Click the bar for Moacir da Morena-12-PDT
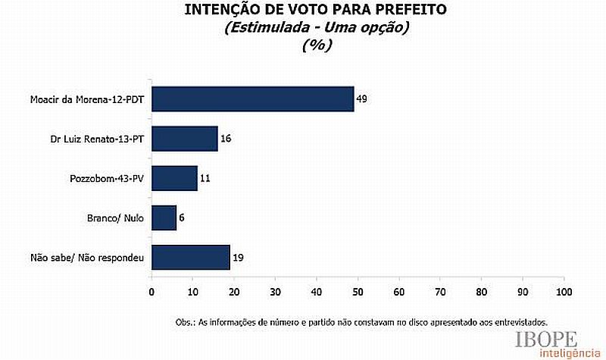coord(253,99)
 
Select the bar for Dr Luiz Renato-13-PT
coord(185,139)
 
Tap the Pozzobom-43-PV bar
coord(174,178)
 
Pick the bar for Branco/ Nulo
coord(164,218)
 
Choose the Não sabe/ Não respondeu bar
coord(190,258)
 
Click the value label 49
coord(361,99)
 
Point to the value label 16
coord(225,139)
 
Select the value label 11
coord(205,179)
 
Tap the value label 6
coord(183,218)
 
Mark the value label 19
coord(237,258)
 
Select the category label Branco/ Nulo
coord(117,218)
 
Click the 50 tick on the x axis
coord(358,291)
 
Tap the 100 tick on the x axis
coord(564,291)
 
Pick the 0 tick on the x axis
coord(151,291)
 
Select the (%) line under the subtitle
coord(317,45)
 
